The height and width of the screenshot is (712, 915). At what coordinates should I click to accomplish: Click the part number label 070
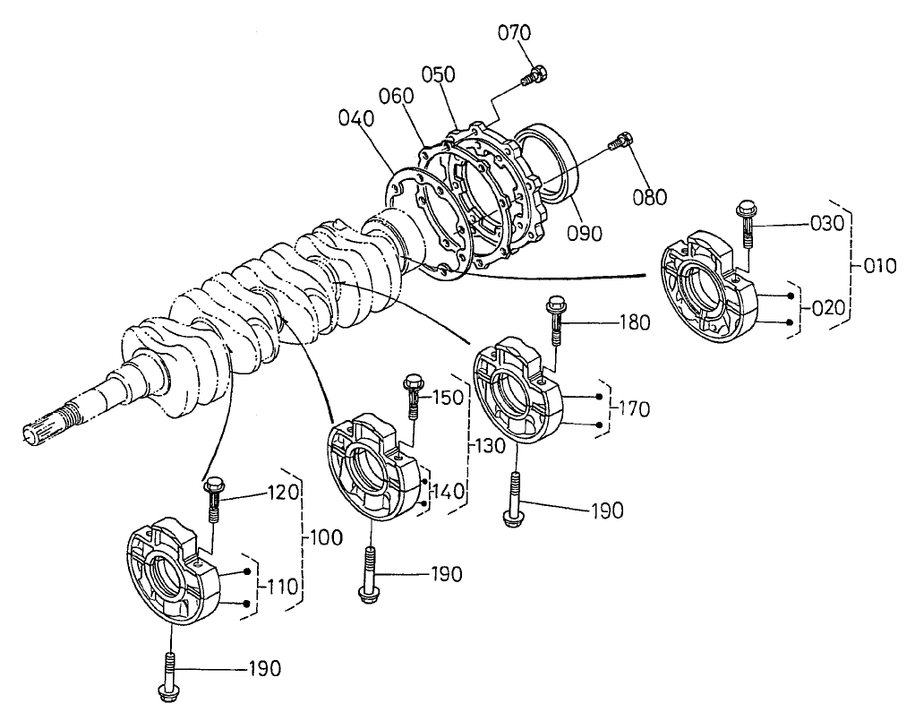click(514, 34)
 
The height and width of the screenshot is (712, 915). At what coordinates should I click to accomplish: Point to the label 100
click(328, 539)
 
